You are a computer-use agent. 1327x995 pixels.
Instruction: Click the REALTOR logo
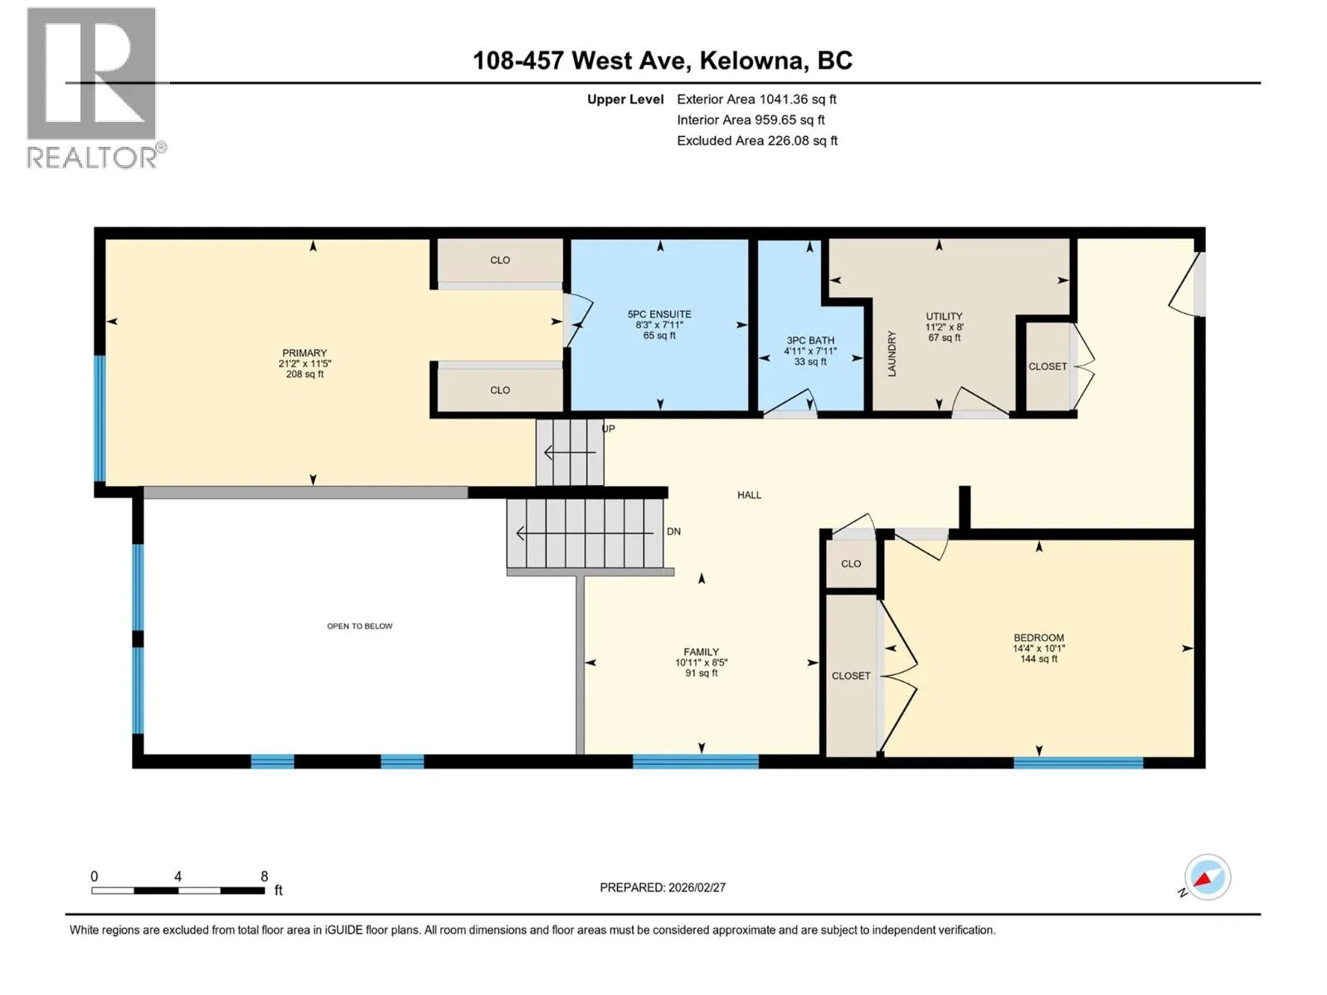point(95,88)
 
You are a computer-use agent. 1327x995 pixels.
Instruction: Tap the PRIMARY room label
point(304,353)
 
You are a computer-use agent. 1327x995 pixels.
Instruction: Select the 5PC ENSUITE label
point(659,314)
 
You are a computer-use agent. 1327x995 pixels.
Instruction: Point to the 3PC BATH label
point(810,341)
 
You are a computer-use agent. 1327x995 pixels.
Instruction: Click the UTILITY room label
point(944,317)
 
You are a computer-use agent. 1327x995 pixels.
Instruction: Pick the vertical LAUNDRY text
point(892,353)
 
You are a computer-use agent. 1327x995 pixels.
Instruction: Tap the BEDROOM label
point(1038,638)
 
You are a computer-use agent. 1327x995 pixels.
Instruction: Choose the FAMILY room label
point(702,652)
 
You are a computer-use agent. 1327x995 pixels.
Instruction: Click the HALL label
point(749,495)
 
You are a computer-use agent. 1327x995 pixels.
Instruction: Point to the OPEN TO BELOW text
point(360,626)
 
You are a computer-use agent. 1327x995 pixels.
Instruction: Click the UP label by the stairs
point(609,429)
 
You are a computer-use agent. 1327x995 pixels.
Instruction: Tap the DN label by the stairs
point(673,531)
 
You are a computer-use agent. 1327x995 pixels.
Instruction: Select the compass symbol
point(1208,878)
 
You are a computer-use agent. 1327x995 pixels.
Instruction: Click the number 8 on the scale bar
point(265,876)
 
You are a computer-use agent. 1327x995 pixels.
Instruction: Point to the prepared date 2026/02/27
point(697,887)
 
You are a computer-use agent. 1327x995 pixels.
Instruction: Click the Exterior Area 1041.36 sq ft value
point(756,99)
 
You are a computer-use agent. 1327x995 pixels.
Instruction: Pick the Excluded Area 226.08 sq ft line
point(757,140)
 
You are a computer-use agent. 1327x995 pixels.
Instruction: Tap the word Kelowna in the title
point(751,61)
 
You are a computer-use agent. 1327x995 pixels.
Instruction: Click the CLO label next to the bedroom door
point(851,564)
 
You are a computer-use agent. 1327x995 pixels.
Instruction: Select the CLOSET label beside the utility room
point(1048,366)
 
